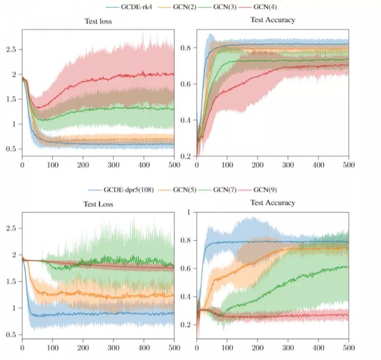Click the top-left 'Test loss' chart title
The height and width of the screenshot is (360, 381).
[x=98, y=22]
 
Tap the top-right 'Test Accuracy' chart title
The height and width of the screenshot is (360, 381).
[x=273, y=20]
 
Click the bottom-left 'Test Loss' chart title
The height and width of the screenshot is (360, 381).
[x=98, y=204]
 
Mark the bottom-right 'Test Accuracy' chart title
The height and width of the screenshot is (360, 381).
[x=273, y=203]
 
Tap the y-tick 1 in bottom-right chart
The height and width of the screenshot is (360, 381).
[x=188, y=212]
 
